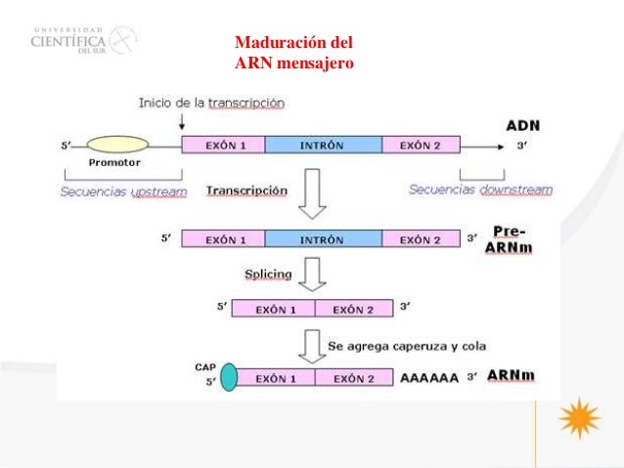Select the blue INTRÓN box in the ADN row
[323, 146]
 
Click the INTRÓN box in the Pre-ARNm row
[323, 238]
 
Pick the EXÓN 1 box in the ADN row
[224, 146]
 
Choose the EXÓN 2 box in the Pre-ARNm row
[421, 238]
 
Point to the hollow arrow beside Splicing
[312, 275]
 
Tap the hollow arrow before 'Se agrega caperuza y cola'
[312, 346]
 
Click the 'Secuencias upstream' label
[123, 191]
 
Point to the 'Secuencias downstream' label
[480, 190]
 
